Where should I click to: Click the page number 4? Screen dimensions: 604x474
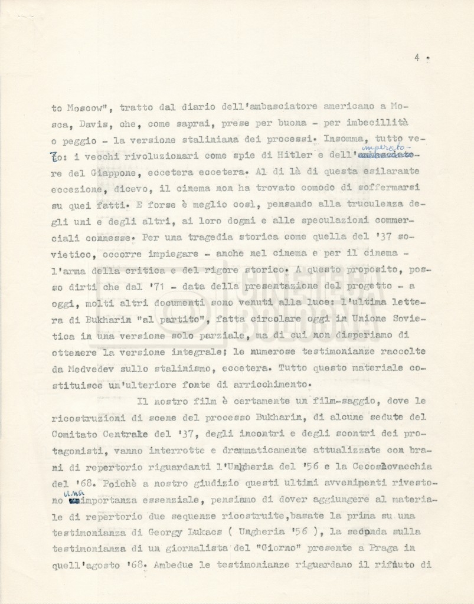coord(417,58)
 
